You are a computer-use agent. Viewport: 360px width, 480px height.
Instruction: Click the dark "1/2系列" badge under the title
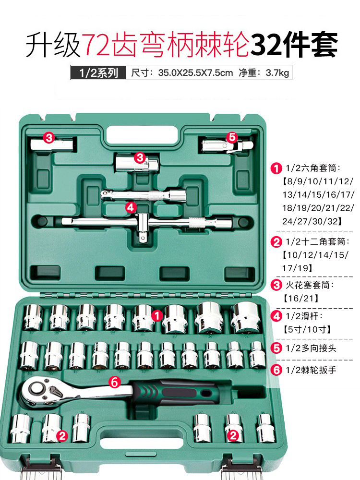point(95,73)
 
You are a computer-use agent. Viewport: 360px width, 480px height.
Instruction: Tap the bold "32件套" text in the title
point(294,45)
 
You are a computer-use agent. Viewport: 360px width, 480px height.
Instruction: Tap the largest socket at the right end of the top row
point(244,317)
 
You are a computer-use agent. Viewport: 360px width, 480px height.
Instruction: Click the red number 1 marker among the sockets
point(157,315)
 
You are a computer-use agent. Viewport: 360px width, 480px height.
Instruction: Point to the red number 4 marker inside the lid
point(130,207)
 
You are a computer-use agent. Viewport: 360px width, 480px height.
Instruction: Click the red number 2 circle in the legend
point(276,241)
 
